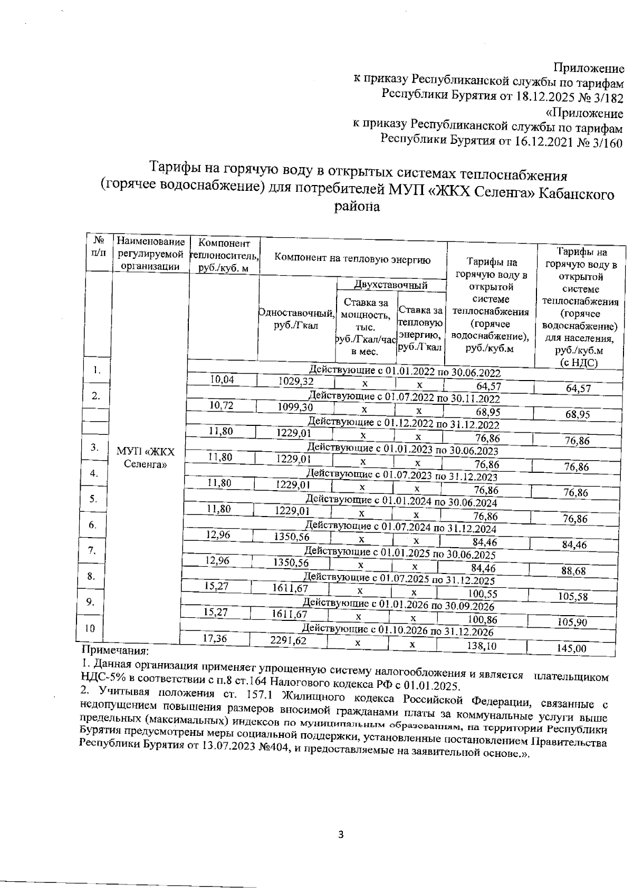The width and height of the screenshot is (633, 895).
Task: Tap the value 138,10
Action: (x=482, y=645)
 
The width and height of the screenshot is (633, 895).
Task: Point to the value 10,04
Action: (x=222, y=380)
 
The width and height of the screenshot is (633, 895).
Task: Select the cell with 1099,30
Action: (x=295, y=407)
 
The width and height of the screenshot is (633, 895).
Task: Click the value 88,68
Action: (x=574, y=571)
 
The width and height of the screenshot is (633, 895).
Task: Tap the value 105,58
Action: (x=573, y=597)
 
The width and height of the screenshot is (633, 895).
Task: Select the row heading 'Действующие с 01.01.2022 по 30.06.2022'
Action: (x=405, y=372)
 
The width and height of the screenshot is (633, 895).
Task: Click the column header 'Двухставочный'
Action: (x=390, y=286)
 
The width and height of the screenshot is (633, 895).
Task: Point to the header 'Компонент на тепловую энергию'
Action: (x=353, y=259)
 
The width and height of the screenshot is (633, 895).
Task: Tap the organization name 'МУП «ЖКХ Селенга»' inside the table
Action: (x=145, y=458)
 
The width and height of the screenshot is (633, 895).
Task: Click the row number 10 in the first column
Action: (x=90, y=628)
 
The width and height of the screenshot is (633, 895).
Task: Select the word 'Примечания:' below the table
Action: (x=116, y=651)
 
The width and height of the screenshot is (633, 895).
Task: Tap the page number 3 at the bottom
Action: (x=340, y=834)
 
